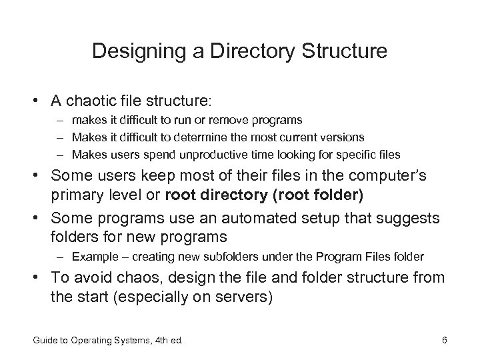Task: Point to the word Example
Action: coord(93,256)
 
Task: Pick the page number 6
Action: coord(444,342)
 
